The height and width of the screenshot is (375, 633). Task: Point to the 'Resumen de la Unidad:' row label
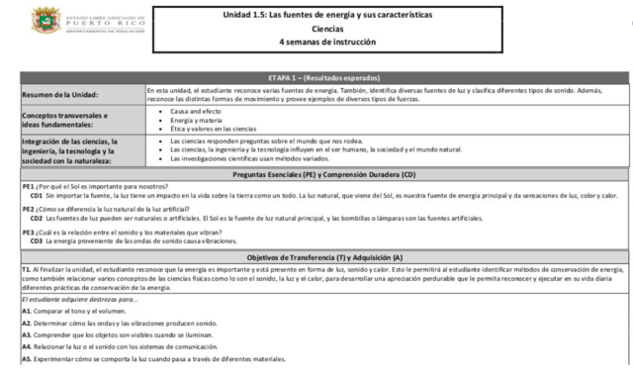point(62,94)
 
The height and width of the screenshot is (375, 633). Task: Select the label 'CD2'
point(37,218)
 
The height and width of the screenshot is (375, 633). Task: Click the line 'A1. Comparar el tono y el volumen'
point(74,312)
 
